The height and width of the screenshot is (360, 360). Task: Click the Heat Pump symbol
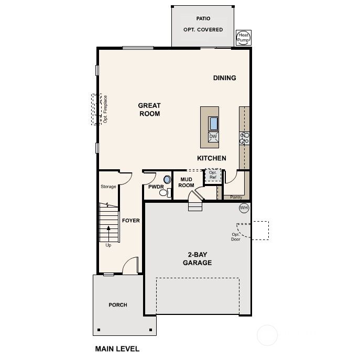click(x=244, y=37)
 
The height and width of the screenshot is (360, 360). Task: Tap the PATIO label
click(x=203, y=18)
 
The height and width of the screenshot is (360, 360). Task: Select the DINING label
click(x=224, y=78)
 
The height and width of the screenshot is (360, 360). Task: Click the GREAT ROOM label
click(x=149, y=110)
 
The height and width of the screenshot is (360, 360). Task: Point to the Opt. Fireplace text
click(x=105, y=109)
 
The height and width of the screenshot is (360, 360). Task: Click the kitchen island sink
click(x=214, y=124)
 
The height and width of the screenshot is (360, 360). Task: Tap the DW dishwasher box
click(x=213, y=137)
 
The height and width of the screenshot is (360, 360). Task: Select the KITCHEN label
click(x=212, y=158)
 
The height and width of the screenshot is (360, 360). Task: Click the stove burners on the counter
click(x=244, y=138)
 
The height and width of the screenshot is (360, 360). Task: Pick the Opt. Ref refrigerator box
click(x=213, y=174)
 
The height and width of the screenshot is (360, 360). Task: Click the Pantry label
click(x=236, y=198)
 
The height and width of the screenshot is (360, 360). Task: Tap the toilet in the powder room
click(x=164, y=193)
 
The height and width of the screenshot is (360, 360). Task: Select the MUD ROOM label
click(x=187, y=182)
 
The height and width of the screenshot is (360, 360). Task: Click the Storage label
click(x=108, y=187)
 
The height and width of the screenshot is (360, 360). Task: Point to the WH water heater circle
click(x=244, y=208)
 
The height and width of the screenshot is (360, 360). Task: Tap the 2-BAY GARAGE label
click(x=197, y=259)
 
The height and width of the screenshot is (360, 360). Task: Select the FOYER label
click(x=131, y=221)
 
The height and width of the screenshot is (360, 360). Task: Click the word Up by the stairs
click(x=108, y=245)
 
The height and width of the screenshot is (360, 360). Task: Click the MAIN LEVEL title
click(x=117, y=348)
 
